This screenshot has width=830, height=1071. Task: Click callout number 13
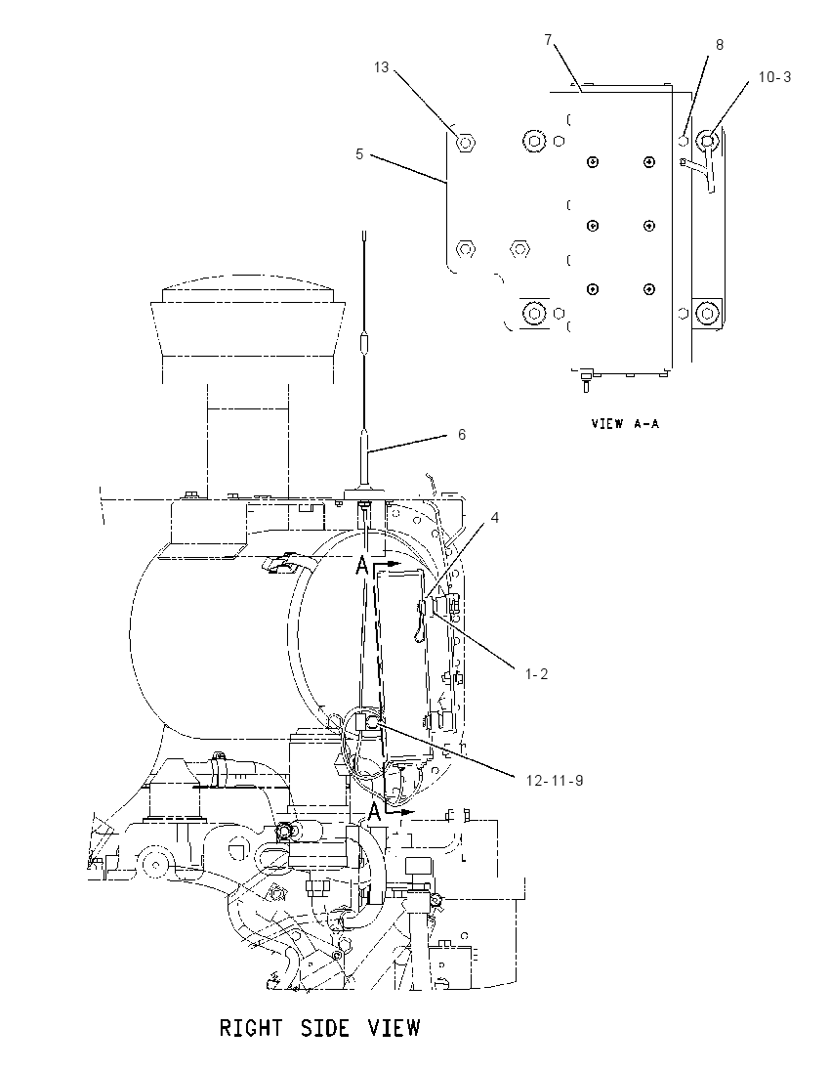[381, 66]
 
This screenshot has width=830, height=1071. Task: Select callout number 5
[359, 154]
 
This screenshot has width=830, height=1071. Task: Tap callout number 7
[548, 40]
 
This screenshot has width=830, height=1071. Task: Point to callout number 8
[720, 44]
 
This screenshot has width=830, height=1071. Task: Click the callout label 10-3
[774, 77]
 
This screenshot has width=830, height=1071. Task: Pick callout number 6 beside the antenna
[462, 435]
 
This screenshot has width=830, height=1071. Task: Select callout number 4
[495, 518]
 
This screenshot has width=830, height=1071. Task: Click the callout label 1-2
[536, 674]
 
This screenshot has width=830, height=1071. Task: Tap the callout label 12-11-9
[555, 780]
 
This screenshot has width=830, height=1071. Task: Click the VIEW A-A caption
[625, 423]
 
